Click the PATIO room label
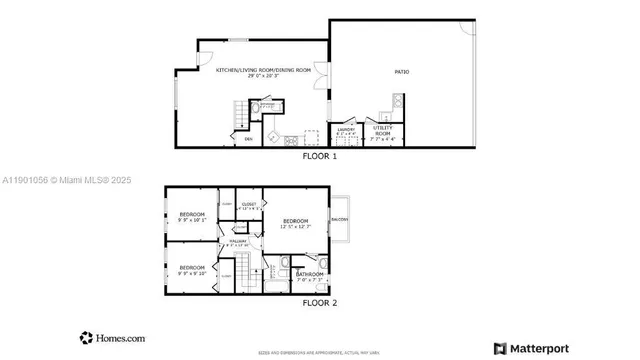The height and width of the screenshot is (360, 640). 401,72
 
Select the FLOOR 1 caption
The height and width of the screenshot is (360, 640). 319,156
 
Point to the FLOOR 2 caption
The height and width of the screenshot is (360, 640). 320,302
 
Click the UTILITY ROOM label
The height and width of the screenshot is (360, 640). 383,130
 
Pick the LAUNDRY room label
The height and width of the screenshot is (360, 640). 346,130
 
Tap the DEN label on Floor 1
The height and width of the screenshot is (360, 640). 248,139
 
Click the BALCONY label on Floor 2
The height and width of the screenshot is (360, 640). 339,218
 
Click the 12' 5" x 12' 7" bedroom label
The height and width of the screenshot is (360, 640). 296,223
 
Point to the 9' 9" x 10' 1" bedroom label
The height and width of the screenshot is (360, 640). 192,217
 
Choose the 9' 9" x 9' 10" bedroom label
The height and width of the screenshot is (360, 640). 192,269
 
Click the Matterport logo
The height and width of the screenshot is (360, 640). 535,348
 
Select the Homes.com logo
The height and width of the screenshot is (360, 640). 111,337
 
